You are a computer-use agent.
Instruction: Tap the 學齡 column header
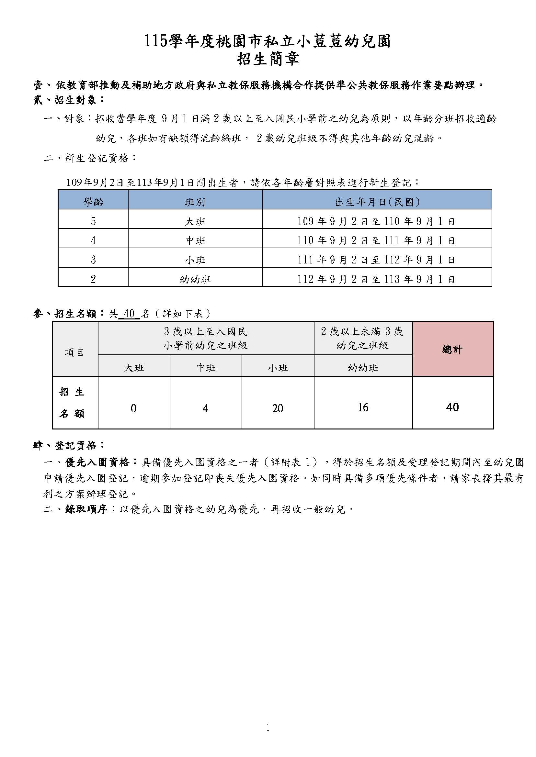tap(93, 202)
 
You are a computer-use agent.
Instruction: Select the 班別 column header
tap(195, 202)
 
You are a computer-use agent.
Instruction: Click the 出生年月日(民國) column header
tap(377, 202)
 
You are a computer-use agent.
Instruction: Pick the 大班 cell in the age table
tap(195, 221)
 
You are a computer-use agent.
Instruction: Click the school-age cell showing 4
tap(93, 240)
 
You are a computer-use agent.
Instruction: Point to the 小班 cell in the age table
tap(195, 260)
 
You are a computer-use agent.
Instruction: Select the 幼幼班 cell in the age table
tap(195, 279)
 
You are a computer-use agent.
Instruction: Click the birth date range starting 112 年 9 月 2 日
tap(376, 279)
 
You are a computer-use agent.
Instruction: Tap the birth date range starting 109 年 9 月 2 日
tap(376, 221)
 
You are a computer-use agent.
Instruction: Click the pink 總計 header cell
tap(452, 349)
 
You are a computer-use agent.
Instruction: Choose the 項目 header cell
tap(74, 352)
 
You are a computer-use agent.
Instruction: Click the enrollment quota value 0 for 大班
tap(133, 408)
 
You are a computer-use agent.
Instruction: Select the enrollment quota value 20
tap(278, 408)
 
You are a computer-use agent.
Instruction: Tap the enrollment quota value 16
tap(363, 408)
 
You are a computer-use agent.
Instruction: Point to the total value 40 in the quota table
tap(452, 407)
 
